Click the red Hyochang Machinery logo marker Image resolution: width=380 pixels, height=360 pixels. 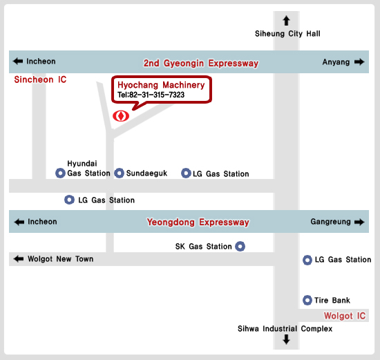121,116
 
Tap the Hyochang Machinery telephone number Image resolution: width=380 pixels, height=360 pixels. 151,95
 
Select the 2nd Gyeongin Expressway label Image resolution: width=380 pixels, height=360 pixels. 201,64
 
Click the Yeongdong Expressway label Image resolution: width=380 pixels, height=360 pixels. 198,222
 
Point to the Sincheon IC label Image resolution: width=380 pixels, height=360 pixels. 40,79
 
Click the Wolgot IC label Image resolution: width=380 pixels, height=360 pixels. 345,316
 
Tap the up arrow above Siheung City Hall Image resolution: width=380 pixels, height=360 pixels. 287,21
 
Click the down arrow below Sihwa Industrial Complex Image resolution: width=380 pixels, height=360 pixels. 287,339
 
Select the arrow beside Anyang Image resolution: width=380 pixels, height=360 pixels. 359,62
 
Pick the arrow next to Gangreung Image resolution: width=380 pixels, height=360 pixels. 359,222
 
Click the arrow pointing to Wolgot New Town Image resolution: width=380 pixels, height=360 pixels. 19,259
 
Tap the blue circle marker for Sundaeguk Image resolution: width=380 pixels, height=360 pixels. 120,173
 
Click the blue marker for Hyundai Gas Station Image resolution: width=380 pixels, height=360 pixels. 60,173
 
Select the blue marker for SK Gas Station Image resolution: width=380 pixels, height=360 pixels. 240,246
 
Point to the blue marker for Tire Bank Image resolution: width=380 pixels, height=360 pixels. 307,300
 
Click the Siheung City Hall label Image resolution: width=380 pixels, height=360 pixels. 287,34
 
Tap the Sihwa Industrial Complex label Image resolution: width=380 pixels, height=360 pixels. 285,329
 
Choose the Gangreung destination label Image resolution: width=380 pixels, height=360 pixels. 330,222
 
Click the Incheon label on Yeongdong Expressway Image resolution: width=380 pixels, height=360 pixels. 42,222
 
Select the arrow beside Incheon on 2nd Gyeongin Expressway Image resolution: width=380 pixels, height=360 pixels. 18,61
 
